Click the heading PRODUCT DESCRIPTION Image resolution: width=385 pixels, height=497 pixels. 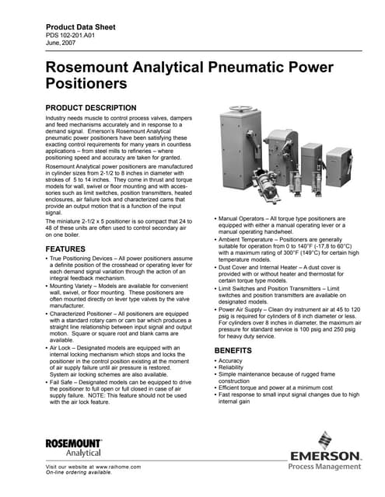(x=92, y=107)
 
